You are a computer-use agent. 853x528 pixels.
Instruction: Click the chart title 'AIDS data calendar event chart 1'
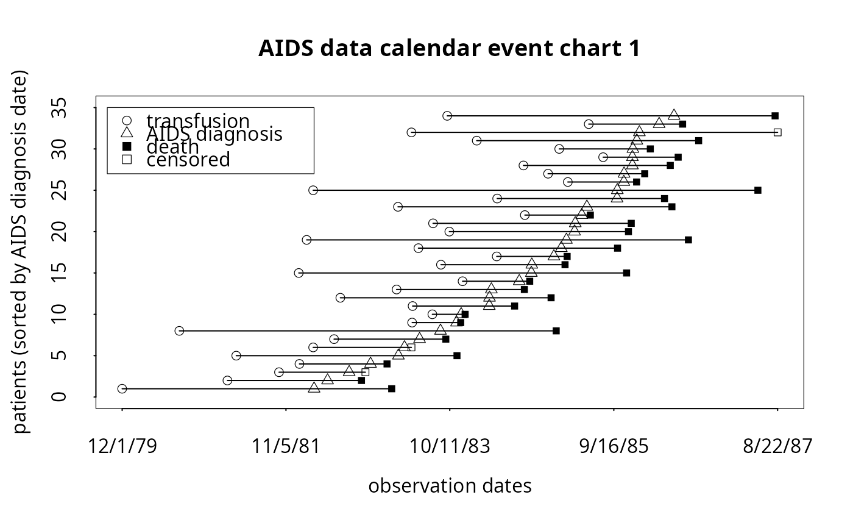click(x=449, y=49)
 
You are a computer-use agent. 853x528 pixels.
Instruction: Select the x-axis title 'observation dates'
click(x=450, y=486)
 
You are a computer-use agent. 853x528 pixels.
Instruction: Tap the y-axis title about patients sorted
click(x=21, y=252)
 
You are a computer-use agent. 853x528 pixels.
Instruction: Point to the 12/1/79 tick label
click(x=122, y=446)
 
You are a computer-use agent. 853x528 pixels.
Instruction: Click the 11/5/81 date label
click(x=286, y=446)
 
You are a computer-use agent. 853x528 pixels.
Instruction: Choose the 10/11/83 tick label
click(x=450, y=446)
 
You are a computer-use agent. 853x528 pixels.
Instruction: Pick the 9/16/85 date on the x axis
click(x=614, y=446)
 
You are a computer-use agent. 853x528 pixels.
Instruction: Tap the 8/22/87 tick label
click(x=777, y=446)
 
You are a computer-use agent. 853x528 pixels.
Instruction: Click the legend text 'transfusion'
click(x=198, y=121)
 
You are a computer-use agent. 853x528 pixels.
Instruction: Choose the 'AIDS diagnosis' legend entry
click(x=214, y=134)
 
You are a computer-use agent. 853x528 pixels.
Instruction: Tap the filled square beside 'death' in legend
click(x=127, y=146)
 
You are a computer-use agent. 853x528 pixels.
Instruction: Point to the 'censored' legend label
click(x=188, y=160)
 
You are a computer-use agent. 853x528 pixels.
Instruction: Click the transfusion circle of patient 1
click(x=122, y=388)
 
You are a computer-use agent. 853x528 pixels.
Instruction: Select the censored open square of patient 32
click(x=777, y=132)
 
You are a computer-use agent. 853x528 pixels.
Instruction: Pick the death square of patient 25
click(x=758, y=190)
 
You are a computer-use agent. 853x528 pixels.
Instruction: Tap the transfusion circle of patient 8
click(x=179, y=331)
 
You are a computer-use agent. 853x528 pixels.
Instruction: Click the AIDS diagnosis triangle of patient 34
click(x=674, y=115)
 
